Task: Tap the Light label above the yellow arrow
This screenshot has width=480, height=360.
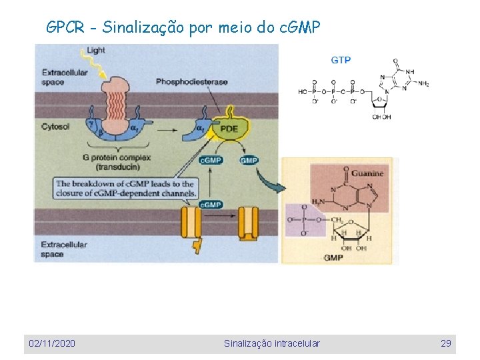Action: coord(95,51)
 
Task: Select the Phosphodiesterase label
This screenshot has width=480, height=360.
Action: coord(191,82)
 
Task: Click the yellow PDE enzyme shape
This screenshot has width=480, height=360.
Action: coord(229,128)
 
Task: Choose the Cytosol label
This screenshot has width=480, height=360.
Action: coord(55,126)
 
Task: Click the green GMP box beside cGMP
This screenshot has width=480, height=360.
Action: coord(249,161)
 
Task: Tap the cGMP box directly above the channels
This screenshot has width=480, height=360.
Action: coord(210,205)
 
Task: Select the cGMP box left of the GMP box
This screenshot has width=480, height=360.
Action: coord(211,161)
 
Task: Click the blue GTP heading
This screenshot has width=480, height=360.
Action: coord(341,60)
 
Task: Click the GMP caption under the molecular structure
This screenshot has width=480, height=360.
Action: coord(333,257)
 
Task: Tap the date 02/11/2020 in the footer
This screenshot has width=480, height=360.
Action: coord(52,343)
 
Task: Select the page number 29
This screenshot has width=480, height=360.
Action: coord(445,343)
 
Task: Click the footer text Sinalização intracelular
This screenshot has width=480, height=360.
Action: coord(271,343)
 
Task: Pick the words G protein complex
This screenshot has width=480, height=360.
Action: coord(117,157)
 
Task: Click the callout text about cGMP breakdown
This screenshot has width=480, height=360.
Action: coord(125,189)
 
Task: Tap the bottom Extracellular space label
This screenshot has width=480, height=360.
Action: coord(64,249)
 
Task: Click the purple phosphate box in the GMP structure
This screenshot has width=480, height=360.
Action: coord(301,220)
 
